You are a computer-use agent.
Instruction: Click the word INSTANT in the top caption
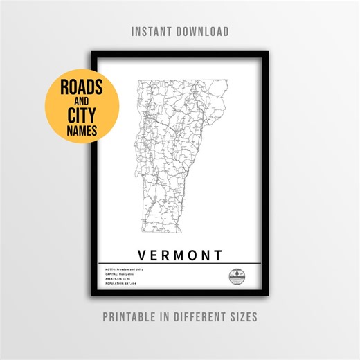pyautogui.click(x=154, y=32)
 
